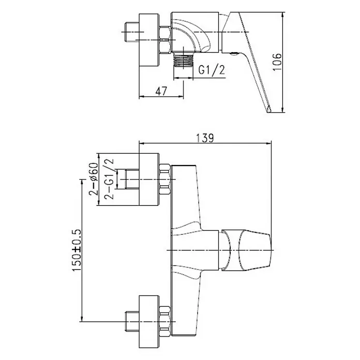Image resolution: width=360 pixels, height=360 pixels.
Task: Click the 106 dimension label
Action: [277, 62]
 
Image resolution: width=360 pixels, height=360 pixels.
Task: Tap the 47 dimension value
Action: [161, 91]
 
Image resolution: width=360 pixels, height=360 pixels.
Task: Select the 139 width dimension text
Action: [205, 138]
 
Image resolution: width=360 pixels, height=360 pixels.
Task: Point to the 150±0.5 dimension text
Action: [77, 250]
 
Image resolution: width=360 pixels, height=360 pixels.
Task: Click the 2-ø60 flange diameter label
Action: [94, 179]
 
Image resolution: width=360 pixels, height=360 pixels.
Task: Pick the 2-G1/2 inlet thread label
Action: [109, 179]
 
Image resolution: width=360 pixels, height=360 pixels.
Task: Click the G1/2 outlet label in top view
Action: [212, 70]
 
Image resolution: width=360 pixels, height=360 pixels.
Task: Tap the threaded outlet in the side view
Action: [184, 61]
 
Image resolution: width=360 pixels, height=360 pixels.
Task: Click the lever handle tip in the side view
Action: [269, 110]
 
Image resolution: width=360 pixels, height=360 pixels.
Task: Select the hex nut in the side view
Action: [166, 40]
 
